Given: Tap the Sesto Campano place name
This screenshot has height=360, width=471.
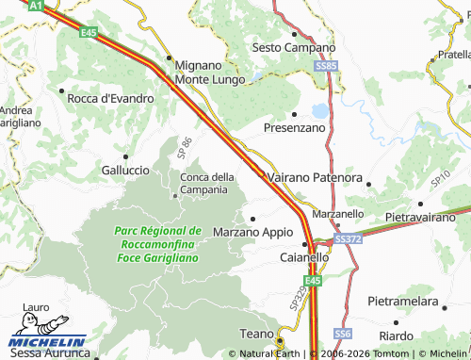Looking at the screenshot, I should click(294, 47).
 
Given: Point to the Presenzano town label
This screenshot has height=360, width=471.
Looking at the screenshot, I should click(295, 126).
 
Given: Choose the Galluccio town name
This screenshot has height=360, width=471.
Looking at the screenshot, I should click(124, 170).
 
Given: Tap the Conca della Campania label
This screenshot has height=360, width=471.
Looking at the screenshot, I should click(207, 183).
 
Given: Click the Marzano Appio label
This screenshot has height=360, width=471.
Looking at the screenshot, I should click(253, 231).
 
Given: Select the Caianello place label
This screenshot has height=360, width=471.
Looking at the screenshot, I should click(304, 256).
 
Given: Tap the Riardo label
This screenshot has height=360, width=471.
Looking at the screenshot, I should click(396, 335).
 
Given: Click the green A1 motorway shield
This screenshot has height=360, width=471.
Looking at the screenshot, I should click(34, 6).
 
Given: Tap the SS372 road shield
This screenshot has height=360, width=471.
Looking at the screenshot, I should click(347, 239).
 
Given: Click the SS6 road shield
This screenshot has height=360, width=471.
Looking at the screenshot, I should click(342, 334).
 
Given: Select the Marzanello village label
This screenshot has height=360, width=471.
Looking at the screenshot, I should click(336, 214).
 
